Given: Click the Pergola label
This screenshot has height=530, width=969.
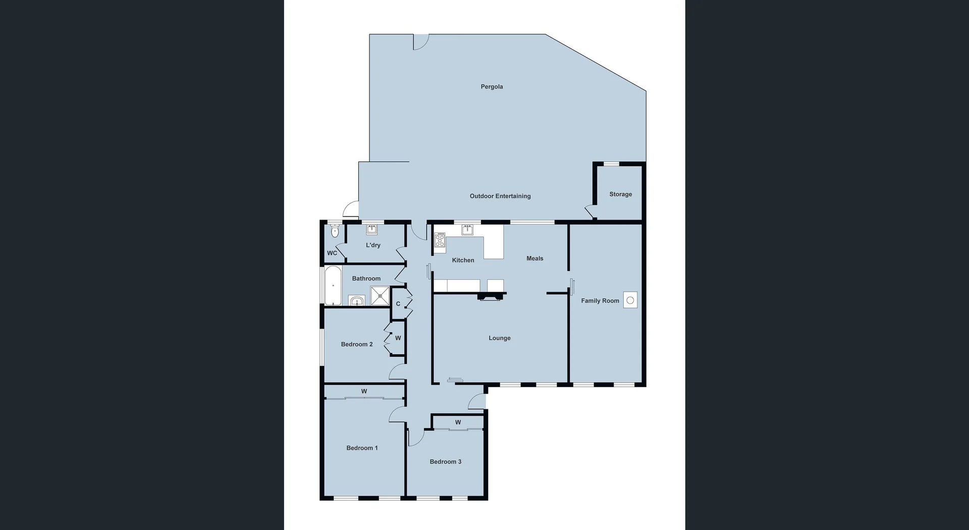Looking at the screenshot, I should point(492,87).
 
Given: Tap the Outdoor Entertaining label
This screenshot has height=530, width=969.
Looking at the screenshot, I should point(500,196).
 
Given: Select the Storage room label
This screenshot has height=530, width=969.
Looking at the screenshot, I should point(620,194).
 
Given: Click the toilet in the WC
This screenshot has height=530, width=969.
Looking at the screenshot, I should point(334,232).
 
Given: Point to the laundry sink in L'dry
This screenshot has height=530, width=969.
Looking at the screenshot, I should point(372,230).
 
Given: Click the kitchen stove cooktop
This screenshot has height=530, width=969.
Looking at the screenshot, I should point(440,240).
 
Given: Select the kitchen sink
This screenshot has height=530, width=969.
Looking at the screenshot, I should point(467,230).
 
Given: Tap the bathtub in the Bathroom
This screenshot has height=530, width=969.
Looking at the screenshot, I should point(333,286).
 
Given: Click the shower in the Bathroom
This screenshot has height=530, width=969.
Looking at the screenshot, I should point(380,296).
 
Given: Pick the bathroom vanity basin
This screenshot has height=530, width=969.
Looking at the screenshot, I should point(357,301).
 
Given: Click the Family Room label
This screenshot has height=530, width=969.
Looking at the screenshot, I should point(600,301).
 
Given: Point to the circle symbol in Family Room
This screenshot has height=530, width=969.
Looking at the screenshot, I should point(630,300).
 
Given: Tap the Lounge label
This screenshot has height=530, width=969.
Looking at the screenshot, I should point(499,338).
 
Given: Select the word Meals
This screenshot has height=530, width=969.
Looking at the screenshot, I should point(534,258).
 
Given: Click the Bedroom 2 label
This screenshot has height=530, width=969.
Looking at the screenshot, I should point(356,344).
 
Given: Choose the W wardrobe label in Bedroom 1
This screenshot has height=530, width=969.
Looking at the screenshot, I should point(364,391).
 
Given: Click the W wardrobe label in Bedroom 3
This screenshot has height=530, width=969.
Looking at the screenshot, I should point(458,422).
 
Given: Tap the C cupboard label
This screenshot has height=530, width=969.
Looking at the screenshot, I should point(398,304).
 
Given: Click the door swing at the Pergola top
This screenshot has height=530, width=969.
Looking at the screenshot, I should point(420,41).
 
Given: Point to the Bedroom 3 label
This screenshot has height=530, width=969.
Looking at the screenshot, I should point(445,462).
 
